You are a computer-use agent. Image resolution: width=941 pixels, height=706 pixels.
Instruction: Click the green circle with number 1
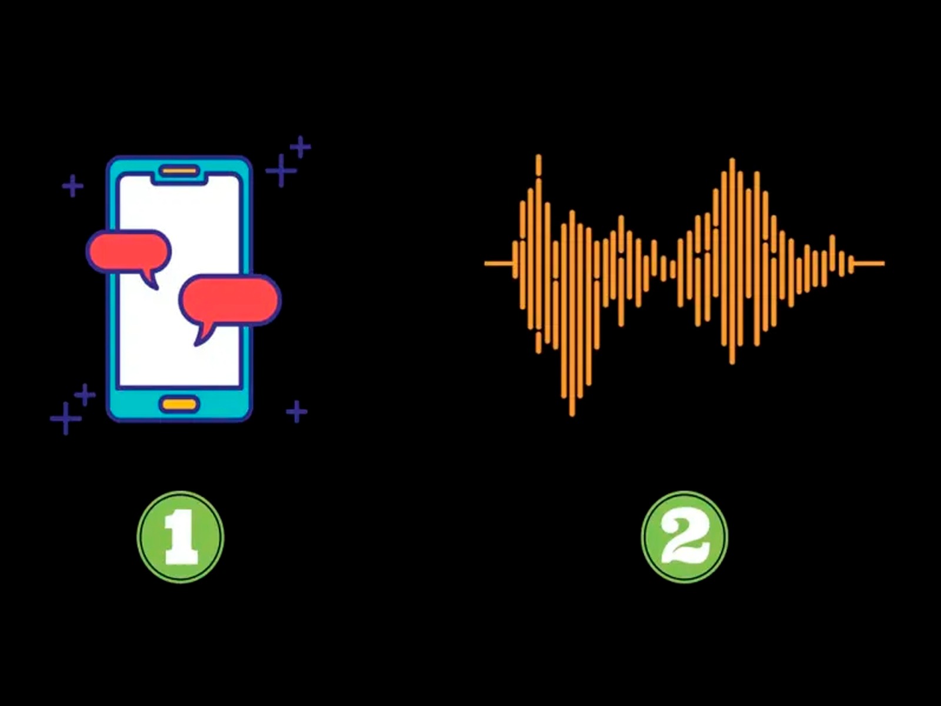pos(180,537)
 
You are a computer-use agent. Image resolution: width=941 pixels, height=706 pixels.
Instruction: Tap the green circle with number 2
pos(684,537)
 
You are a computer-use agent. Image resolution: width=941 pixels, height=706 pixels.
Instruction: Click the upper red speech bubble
pos(129,251)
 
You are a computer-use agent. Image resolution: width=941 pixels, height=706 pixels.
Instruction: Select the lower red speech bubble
pos(230,300)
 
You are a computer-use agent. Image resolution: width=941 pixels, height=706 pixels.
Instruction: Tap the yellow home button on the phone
pos(179,404)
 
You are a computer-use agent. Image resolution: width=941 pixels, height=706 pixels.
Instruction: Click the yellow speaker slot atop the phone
pos(179,171)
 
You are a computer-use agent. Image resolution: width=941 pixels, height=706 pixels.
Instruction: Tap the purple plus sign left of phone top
pos(73,186)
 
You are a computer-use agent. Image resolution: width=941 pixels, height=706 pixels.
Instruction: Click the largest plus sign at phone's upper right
pos(281,171)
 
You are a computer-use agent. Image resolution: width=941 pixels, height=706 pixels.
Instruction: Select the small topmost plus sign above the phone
pos(301,146)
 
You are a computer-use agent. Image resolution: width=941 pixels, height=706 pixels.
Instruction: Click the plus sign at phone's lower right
pos(296,411)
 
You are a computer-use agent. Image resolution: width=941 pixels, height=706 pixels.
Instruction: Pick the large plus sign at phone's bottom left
pos(65,418)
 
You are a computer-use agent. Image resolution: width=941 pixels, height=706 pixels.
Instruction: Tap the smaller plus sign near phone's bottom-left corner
pos(85,395)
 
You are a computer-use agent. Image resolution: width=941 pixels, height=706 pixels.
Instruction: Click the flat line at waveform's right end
pos(869,263)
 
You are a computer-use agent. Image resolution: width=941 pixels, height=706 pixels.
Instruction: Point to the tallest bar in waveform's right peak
pos(732,259)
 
